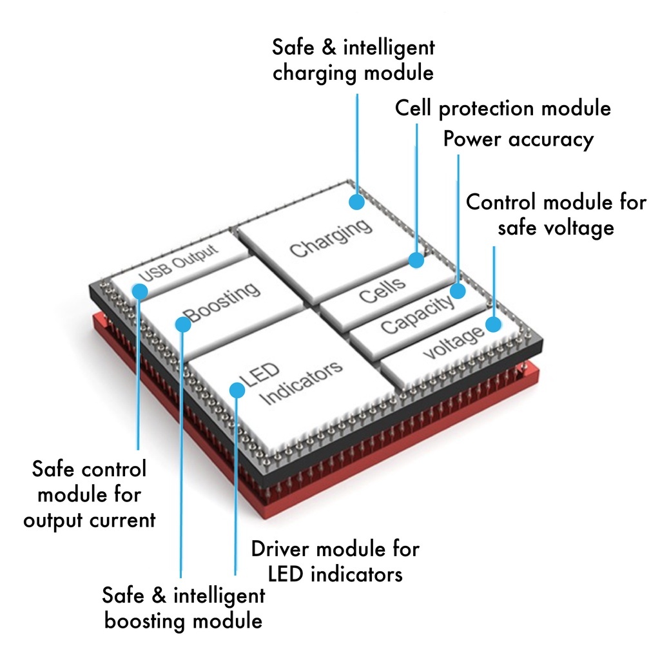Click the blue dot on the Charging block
tap(356, 202)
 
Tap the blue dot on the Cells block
tap(416, 260)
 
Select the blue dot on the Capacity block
tap(458, 291)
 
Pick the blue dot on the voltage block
tap(494, 324)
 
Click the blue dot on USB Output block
tap(139, 291)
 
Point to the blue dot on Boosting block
tap(183, 324)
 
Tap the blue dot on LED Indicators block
tap(237, 390)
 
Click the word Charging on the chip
tap(331, 238)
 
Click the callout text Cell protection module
tap(503, 108)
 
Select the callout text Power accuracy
tap(518, 139)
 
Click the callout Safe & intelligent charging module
tap(353, 59)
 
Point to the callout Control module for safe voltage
tap(556, 215)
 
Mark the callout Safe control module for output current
tap(90, 494)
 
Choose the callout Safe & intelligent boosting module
tap(184, 608)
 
